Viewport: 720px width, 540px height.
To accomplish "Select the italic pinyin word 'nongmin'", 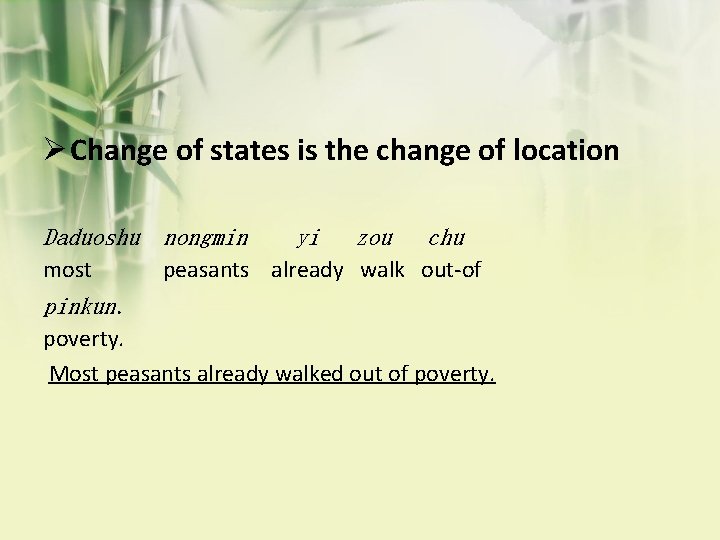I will [206, 238].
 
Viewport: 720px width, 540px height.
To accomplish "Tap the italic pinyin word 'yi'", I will [308, 238].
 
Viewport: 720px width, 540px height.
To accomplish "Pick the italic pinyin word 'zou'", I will [375, 238].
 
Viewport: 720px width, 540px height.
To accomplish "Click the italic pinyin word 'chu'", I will [446, 238].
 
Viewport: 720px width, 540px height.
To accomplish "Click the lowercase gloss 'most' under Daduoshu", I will [67, 270].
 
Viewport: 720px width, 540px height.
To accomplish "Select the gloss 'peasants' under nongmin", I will [206, 270].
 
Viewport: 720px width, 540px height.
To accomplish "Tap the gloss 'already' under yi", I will [307, 270].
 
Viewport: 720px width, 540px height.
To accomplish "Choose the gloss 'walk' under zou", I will [382, 270].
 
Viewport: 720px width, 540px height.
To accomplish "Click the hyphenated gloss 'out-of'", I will [451, 270].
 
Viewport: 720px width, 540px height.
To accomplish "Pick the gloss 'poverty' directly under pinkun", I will [83, 339].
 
